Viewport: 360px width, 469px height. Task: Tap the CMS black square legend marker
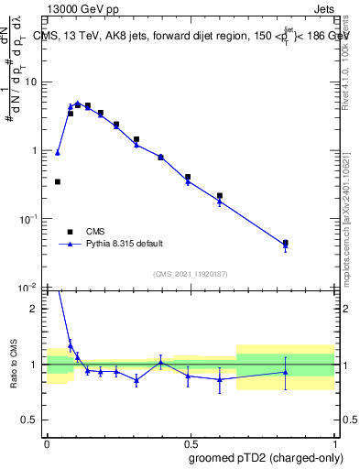tap(70, 231)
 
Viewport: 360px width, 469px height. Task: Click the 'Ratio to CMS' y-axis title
tap(13, 364)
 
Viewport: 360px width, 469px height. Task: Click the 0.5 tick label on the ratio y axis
tap(32, 420)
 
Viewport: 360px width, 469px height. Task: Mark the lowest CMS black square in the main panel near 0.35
tap(58, 181)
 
